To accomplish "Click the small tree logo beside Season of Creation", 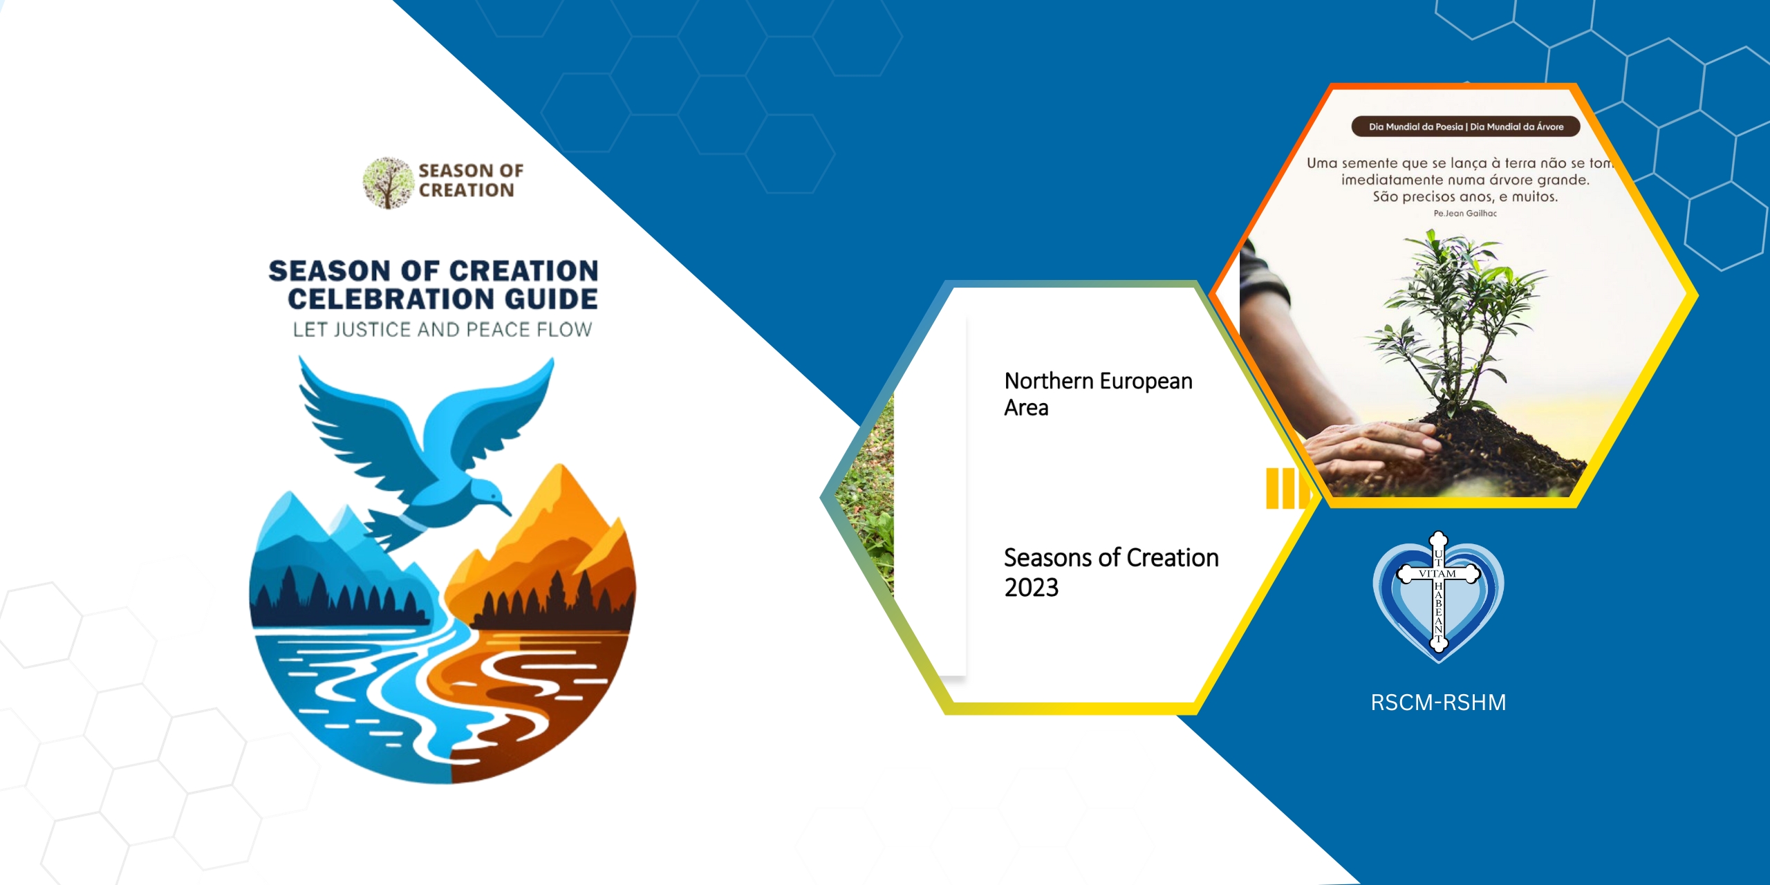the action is click(x=388, y=183).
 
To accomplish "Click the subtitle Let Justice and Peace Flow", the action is click(x=442, y=330).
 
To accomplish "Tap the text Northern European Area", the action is click(x=1098, y=394).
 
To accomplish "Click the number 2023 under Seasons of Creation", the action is click(x=1032, y=588).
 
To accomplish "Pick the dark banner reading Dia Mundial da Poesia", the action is click(x=1466, y=127).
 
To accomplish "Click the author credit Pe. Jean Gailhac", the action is click(x=1465, y=214).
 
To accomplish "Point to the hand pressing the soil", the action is click(x=1372, y=449).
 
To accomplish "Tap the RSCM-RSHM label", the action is click(x=1438, y=702).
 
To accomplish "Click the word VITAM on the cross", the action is click(x=1437, y=574).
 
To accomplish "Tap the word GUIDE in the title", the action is click(x=551, y=299).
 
